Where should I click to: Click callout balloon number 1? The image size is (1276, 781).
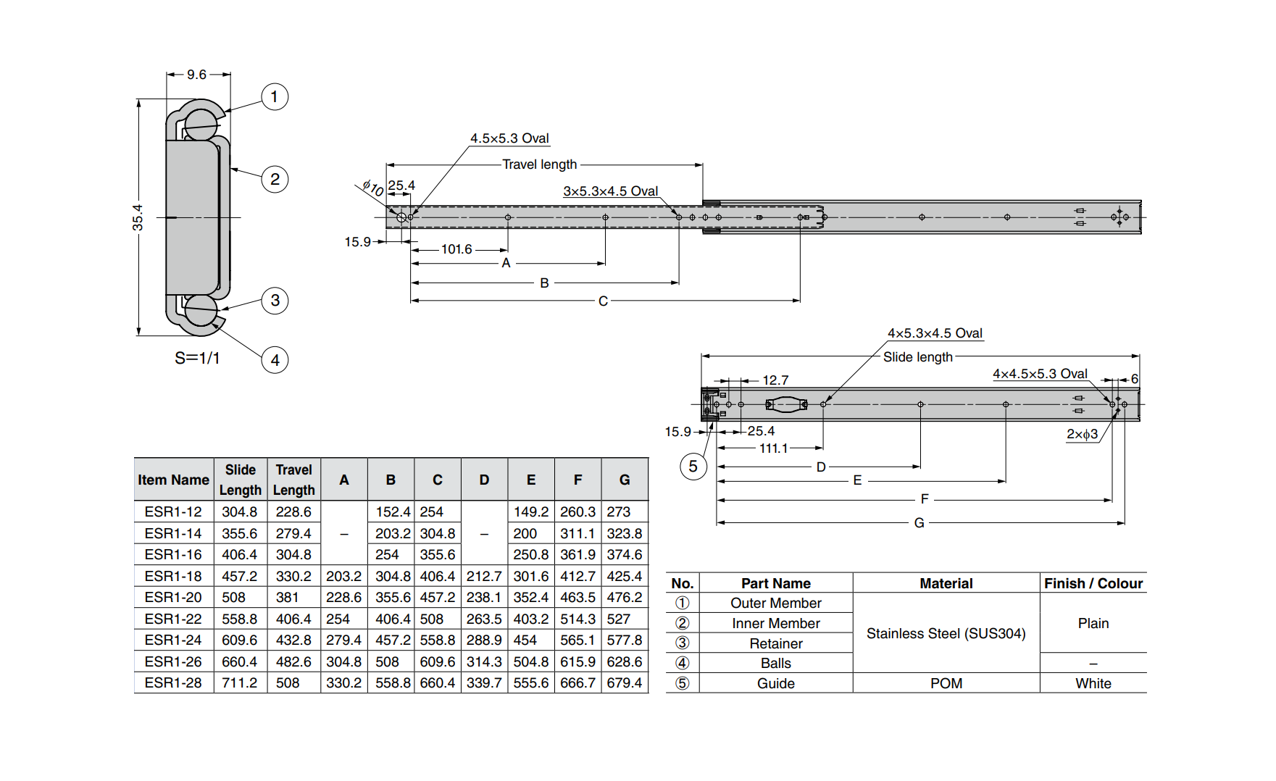tap(275, 96)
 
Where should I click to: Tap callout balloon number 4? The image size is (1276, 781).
tap(275, 360)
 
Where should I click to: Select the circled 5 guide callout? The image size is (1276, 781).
tap(693, 467)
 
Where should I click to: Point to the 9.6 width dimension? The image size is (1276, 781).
tap(196, 75)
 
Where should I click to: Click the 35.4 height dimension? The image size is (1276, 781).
tap(138, 217)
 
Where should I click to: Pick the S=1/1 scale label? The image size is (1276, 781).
tap(197, 358)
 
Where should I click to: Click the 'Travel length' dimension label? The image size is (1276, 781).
tap(540, 164)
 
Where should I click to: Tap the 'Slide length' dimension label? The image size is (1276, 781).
tap(917, 357)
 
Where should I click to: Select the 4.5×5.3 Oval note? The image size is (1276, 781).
tap(509, 138)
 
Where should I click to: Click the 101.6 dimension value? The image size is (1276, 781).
tap(456, 249)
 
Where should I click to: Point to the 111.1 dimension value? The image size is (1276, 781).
tap(773, 448)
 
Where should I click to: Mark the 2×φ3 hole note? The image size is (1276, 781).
tap(1082, 434)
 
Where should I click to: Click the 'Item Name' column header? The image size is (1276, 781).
tap(173, 480)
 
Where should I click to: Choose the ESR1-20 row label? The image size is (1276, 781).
tap(173, 597)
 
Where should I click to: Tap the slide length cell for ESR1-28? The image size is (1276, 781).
tap(240, 682)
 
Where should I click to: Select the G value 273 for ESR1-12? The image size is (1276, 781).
tap(618, 511)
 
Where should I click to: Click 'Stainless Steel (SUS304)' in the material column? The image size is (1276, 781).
tap(946, 633)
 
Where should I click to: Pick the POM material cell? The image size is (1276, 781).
tap(946, 683)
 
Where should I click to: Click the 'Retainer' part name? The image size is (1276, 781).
tap(775, 643)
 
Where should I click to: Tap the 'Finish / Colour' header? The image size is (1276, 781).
tap(1093, 583)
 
